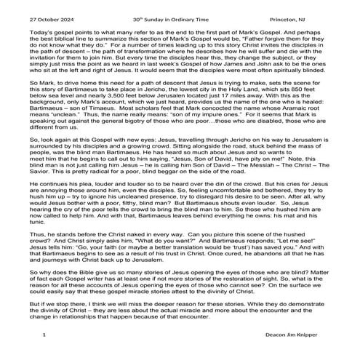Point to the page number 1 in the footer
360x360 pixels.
[x=45, y=335]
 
